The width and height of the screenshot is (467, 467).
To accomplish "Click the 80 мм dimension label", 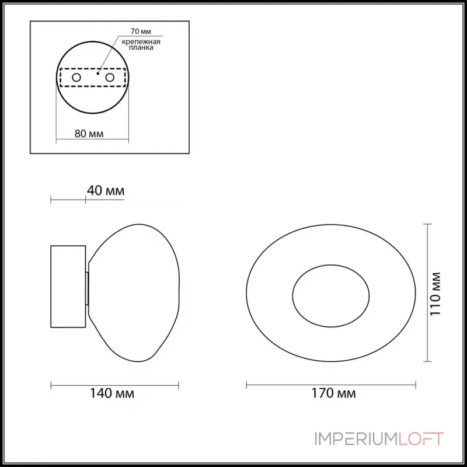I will point(89,133).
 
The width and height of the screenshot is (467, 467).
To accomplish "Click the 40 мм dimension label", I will point(106,191).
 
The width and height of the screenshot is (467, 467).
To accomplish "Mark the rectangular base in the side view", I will point(68,287).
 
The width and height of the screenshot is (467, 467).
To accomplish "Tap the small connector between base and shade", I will point(88,288).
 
